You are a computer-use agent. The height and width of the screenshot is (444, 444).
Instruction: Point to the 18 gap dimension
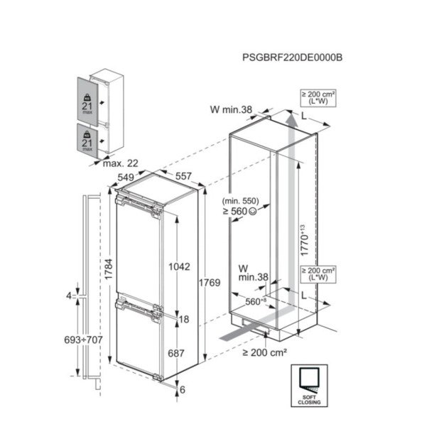coord(183,320)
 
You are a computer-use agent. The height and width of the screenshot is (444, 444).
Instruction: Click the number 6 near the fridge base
coord(183,389)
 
